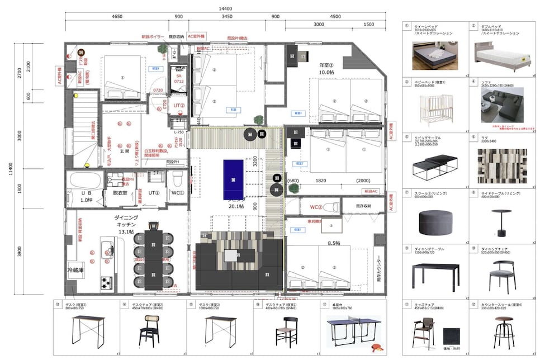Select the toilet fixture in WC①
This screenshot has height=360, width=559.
point(178,181)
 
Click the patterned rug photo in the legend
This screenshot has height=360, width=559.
point(502,166)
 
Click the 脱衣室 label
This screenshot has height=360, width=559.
point(120,192)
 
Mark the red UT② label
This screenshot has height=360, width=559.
point(180,105)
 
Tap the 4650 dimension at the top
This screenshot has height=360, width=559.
point(117,17)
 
